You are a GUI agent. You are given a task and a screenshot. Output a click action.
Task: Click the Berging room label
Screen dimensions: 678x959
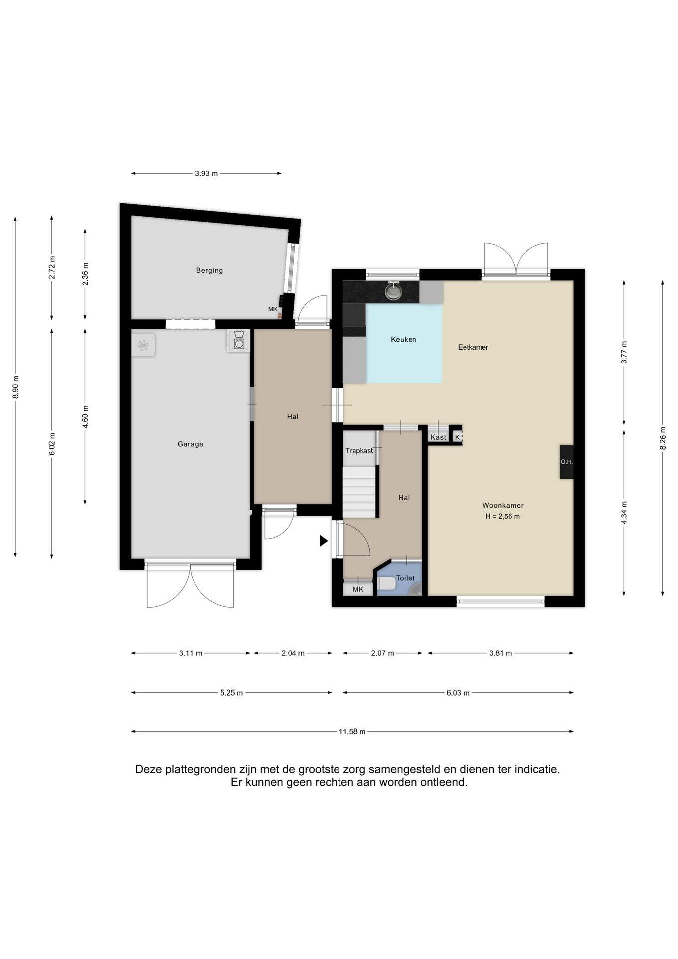tap(209, 270)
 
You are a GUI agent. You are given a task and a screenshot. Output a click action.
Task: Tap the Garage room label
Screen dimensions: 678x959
tap(190, 444)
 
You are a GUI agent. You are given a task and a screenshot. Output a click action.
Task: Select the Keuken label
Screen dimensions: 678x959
tap(403, 339)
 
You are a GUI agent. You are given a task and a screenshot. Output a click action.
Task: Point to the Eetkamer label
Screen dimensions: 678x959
tap(473, 347)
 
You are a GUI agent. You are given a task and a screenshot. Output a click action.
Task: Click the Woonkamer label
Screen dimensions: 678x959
tap(503, 505)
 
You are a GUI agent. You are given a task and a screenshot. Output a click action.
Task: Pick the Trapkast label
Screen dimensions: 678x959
tap(359, 450)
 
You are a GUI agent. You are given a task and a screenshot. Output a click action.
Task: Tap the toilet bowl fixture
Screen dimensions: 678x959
tap(386, 583)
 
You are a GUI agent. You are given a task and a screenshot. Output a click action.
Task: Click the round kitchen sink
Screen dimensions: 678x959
tap(394, 292)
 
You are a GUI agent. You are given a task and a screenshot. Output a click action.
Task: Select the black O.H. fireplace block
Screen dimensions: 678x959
tap(566, 462)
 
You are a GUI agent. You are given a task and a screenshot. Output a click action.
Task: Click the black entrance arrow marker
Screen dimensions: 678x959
tap(324, 540)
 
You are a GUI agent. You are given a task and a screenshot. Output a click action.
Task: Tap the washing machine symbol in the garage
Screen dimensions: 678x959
tap(239, 340)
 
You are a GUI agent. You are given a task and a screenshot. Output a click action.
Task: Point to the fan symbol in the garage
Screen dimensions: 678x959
tap(143, 345)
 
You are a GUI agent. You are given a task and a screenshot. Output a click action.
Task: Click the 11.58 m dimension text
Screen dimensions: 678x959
tap(352, 731)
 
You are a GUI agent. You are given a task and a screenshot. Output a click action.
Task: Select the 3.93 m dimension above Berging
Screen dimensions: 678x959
tap(206, 174)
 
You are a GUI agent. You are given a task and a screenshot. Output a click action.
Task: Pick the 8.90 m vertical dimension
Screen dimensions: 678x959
tap(16, 387)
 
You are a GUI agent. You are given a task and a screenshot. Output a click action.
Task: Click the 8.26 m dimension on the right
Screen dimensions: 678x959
tap(663, 438)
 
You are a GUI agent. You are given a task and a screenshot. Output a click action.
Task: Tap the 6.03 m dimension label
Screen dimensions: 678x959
tap(458, 693)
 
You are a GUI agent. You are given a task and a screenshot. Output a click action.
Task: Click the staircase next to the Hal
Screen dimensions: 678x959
tap(359, 492)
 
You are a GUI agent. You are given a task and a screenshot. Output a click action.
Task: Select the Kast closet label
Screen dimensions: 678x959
tap(438, 437)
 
